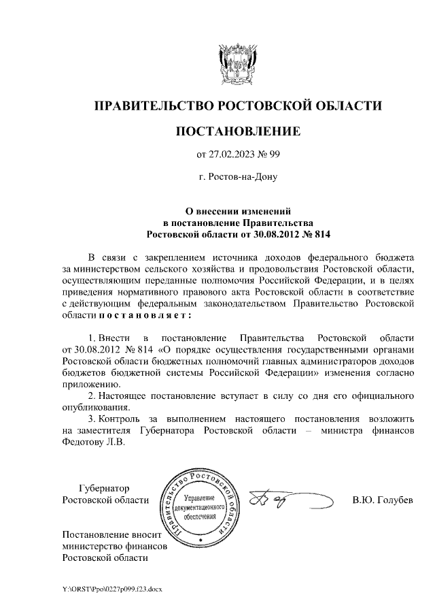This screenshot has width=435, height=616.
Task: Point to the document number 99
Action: click(275, 155)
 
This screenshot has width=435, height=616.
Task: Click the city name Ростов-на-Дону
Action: click(237, 177)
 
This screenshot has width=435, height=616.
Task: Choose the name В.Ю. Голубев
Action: click(382, 501)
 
